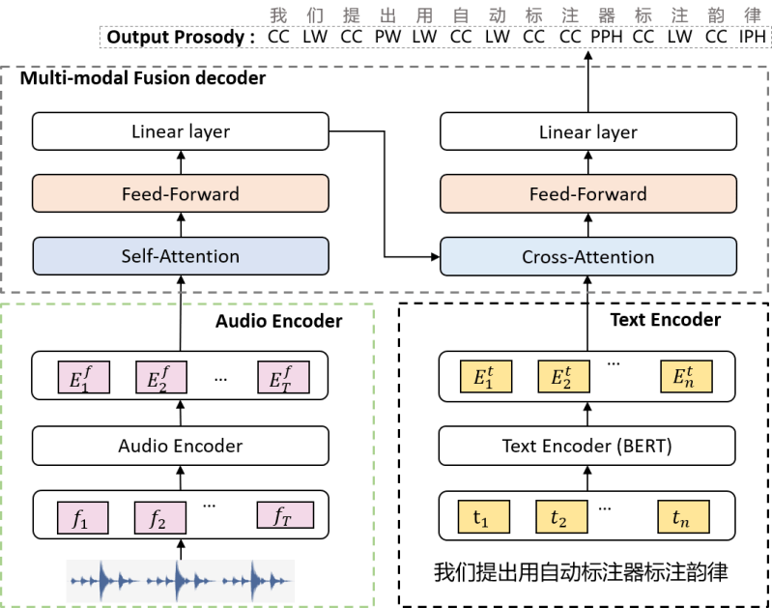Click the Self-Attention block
tap(180, 257)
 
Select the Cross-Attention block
tap(587, 257)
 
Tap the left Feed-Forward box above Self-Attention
tap(180, 193)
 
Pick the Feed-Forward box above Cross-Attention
tap(587, 193)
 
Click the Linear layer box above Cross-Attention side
tap(587, 131)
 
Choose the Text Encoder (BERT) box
tap(587, 446)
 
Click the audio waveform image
tap(180, 582)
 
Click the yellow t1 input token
tap(480, 518)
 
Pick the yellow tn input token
tap(683, 518)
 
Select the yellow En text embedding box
tap(685, 377)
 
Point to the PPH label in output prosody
tap(606, 38)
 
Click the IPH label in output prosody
tap(752, 38)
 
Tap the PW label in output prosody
tap(387, 38)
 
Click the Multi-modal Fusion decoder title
tap(143, 79)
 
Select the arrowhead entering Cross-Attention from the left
tap(434, 257)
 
